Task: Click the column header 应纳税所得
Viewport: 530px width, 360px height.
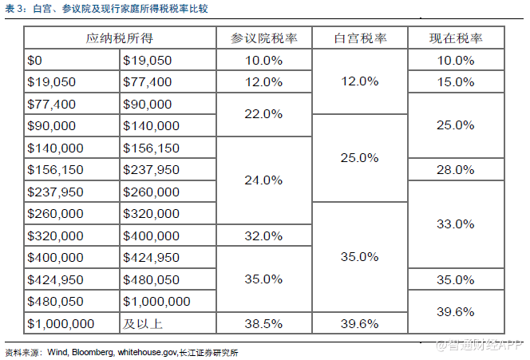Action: click(120, 38)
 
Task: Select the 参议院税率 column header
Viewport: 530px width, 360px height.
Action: click(263, 38)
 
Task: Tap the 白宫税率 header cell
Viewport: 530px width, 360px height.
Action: click(359, 38)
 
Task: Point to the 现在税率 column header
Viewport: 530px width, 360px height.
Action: click(456, 38)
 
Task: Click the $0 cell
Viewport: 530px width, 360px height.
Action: click(34, 60)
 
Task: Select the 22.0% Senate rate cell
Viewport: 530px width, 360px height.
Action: click(263, 114)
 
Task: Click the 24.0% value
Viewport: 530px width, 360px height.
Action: click(263, 180)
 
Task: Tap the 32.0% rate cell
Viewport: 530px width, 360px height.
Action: click(263, 235)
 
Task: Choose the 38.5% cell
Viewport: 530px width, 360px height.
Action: click(263, 323)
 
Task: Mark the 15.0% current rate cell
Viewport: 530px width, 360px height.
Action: click(456, 81)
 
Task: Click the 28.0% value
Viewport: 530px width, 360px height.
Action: click(456, 169)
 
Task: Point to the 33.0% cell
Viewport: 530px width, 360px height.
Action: click(456, 224)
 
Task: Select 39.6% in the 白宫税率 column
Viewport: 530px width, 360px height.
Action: click(359, 323)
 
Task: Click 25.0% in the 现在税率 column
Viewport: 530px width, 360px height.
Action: click(456, 125)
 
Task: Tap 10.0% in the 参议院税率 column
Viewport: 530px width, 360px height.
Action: click(263, 60)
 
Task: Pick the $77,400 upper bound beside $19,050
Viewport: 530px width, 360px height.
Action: click(148, 81)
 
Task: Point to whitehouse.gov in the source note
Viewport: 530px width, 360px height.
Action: click(147, 351)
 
